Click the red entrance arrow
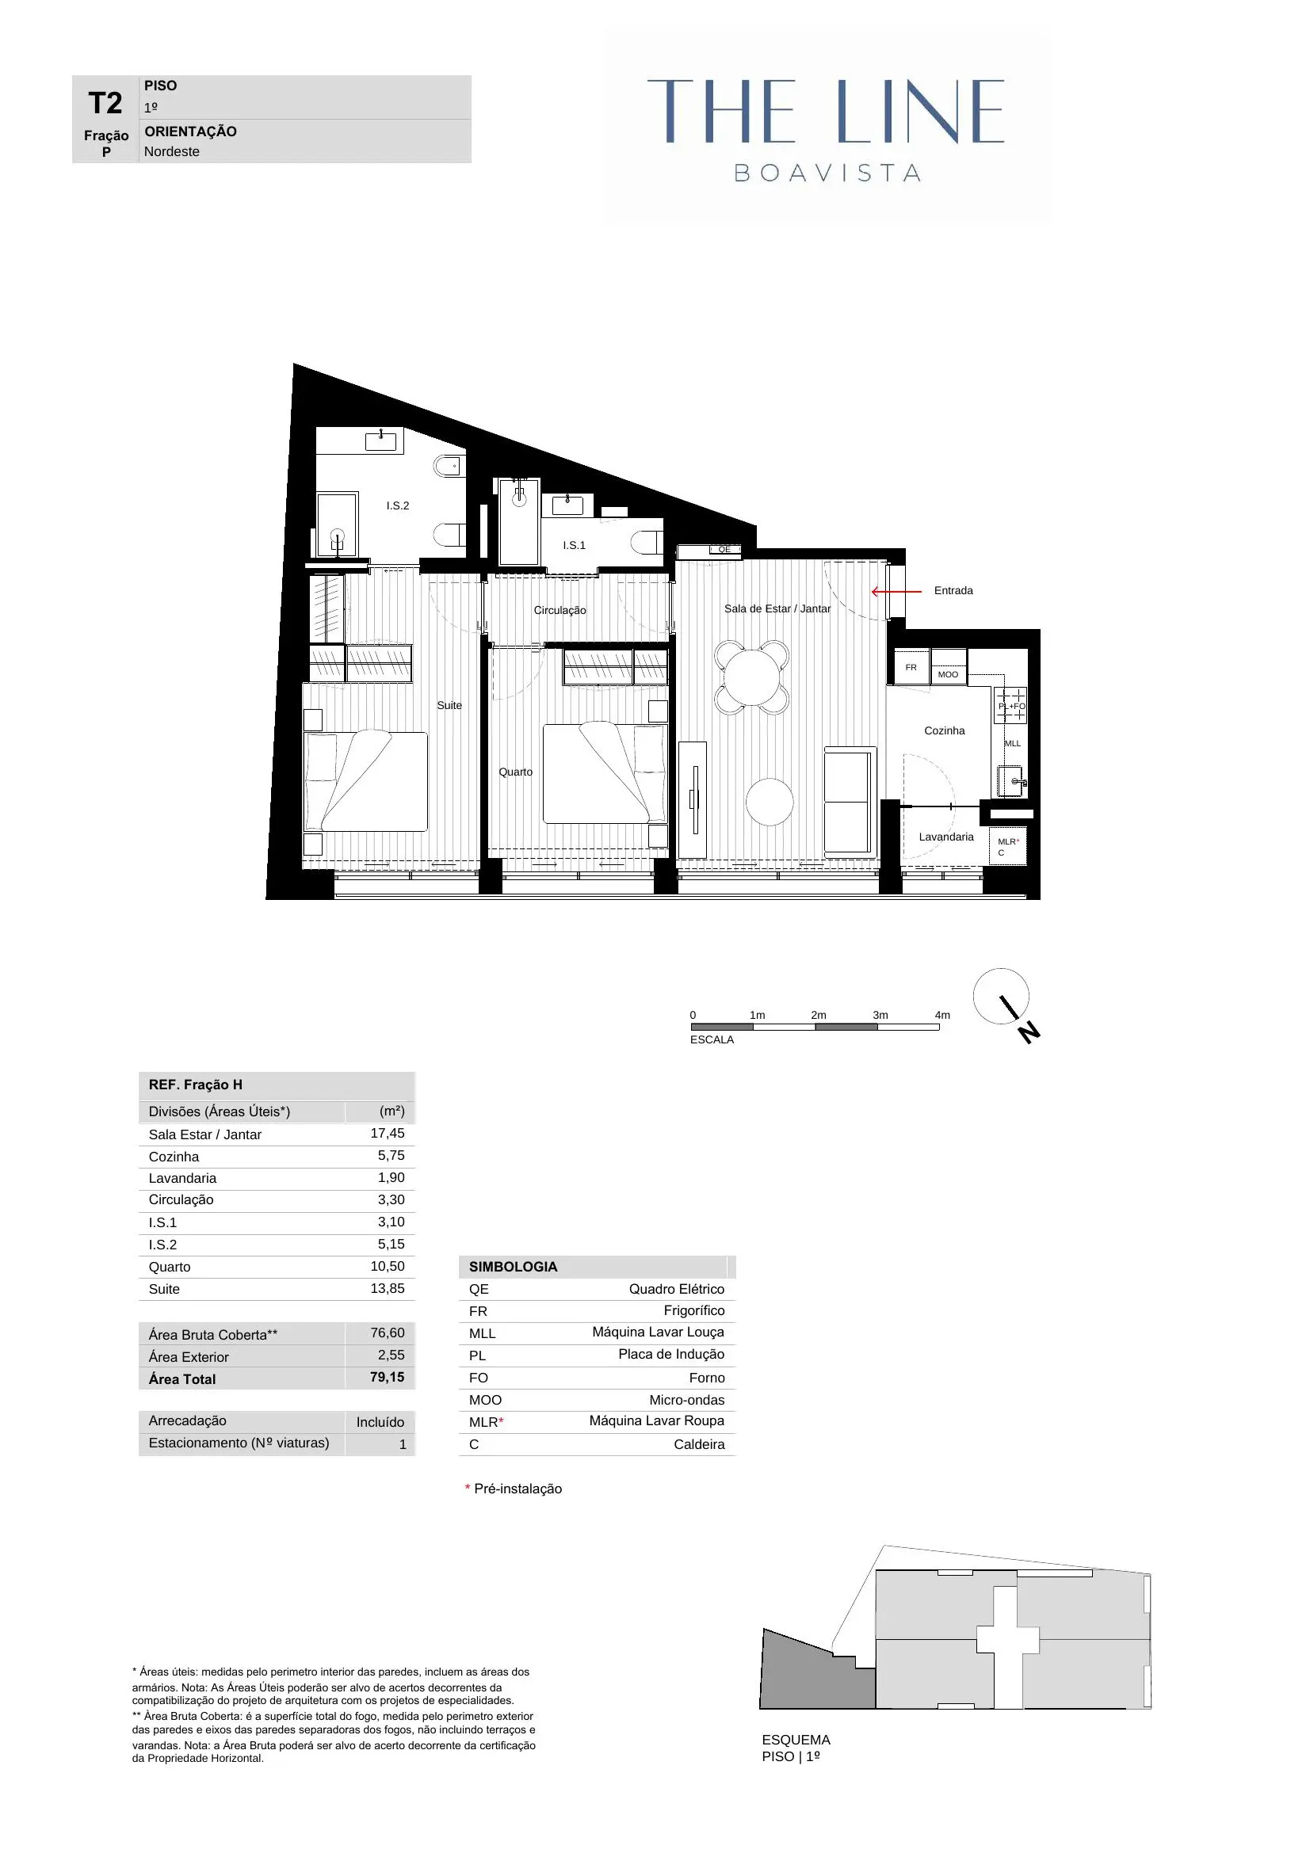(x=896, y=592)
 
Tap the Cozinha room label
(x=944, y=730)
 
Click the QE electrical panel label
(x=724, y=550)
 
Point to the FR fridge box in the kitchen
(x=911, y=667)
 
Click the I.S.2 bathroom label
(x=397, y=505)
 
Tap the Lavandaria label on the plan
(x=946, y=837)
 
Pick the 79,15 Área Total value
(x=387, y=1378)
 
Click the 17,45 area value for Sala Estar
(x=387, y=1133)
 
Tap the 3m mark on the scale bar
(x=880, y=1016)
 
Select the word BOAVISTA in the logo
(x=827, y=173)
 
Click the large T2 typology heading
(x=105, y=103)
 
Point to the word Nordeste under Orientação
(x=171, y=152)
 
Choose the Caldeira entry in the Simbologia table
(x=698, y=1445)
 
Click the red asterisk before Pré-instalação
(x=468, y=1489)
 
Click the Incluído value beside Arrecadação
(x=380, y=1422)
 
